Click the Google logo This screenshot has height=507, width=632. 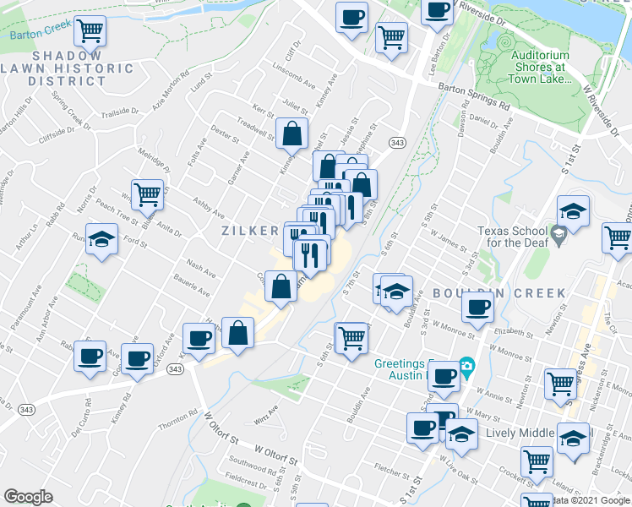click(28, 497)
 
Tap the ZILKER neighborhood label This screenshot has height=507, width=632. click(250, 231)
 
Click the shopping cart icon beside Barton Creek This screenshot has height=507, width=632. click(90, 31)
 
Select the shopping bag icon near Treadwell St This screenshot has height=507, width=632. click(291, 134)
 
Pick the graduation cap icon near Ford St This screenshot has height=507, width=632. click(101, 240)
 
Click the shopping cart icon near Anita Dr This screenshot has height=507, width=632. click(147, 194)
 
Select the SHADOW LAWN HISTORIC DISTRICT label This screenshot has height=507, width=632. click(68, 74)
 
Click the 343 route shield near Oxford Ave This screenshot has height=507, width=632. click(175, 369)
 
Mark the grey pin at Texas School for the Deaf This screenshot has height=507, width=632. click(558, 232)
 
